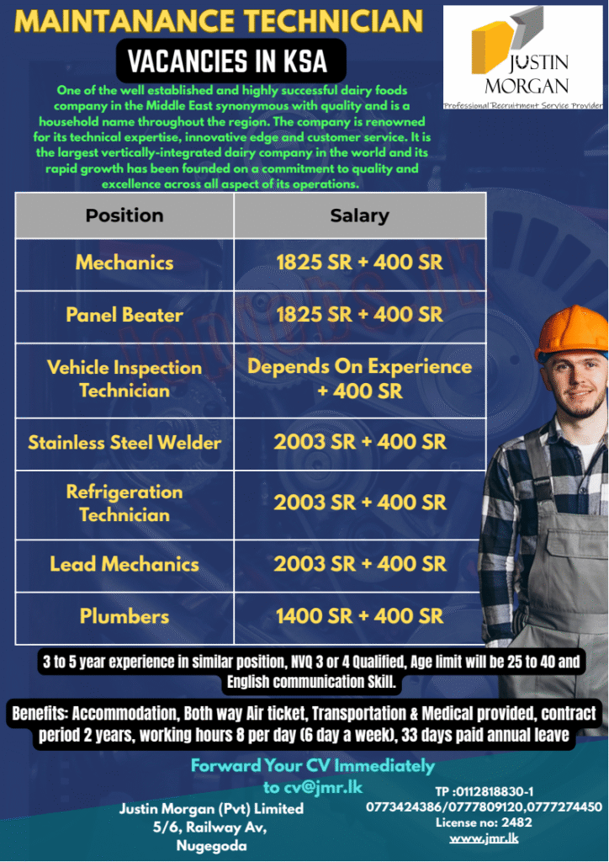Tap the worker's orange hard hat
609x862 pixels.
click(573, 331)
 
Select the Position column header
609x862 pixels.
click(124, 215)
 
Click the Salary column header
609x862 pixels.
click(359, 215)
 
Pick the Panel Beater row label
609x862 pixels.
click(124, 315)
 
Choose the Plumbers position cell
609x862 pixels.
click(124, 616)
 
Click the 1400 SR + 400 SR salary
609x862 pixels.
click(359, 616)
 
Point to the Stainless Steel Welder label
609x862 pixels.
click(124, 443)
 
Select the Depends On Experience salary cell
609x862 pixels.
click(359, 379)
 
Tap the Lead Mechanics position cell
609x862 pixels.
click(124, 564)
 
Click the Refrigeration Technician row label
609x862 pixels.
click(124, 503)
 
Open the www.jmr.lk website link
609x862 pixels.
click(484, 838)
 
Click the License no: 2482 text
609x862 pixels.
click(484, 822)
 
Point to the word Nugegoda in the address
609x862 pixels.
click(211, 846)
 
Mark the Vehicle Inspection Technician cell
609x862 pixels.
click(124, 379)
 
